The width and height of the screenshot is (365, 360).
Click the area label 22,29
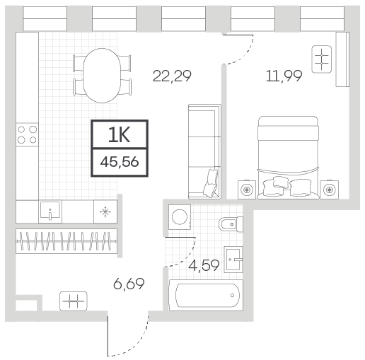pyautogui.click(x=172, y=76)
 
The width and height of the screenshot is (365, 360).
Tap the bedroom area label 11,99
pyautogui.click(x=284, y=76)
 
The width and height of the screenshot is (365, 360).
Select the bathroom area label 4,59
pyautogui.click(x=204, y=265)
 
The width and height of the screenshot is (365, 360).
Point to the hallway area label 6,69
pyautogui.click(x=129, y=284)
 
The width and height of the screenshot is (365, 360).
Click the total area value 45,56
pyautogui.click(x=120, y=162)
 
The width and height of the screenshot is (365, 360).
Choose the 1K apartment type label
pyautogui.click(x=120, y=135)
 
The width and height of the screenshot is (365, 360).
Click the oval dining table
pyautogui.click(x=102, y=76)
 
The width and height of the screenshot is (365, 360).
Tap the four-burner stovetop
pyautogui.click(x=27, y=134)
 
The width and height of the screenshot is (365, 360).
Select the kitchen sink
pyautogui.click(x=50, y=211)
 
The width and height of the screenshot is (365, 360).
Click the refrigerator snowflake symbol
pyautogui.click(x=105, y=211)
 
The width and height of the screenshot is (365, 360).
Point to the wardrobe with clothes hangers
pyautogui.click(x=66, y=241)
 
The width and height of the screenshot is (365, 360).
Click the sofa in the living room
pyautogui.click(x=204, y=151)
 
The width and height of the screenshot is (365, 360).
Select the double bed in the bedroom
pyautogui.click(x=288, y=157)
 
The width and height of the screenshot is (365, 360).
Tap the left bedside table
pyautogui.click(x=247, y=190)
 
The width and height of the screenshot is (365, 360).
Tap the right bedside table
pyautogui.click(x=330, y=190)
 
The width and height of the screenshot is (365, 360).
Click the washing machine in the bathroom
pyautogui.click(x=180, y=216)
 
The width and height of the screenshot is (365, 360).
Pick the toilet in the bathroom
pyautogui.click(x=231, y=224)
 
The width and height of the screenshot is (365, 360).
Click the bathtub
pyautogui.click(x=206, y=295)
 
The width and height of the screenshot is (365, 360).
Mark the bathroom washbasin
pyautogui.click(x=233, y=260)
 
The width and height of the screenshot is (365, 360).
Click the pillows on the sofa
pyautogui.click(x=211, y=183)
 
